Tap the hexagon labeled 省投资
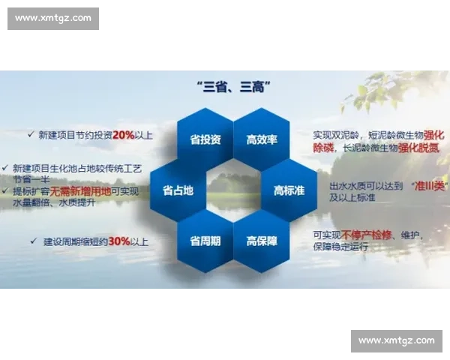(205, 139)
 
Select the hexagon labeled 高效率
(262, 139)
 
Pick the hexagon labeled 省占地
(178, 190)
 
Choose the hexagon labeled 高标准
(289, 190)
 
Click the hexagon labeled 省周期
(205, 241)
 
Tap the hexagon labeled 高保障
(262, 241)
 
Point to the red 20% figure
(124, 135)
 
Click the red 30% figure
(118, 241)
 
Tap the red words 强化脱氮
(418, 148)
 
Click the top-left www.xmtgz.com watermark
(54, 18)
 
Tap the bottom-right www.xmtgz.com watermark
(396, 340)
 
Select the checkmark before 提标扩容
(5, 192)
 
